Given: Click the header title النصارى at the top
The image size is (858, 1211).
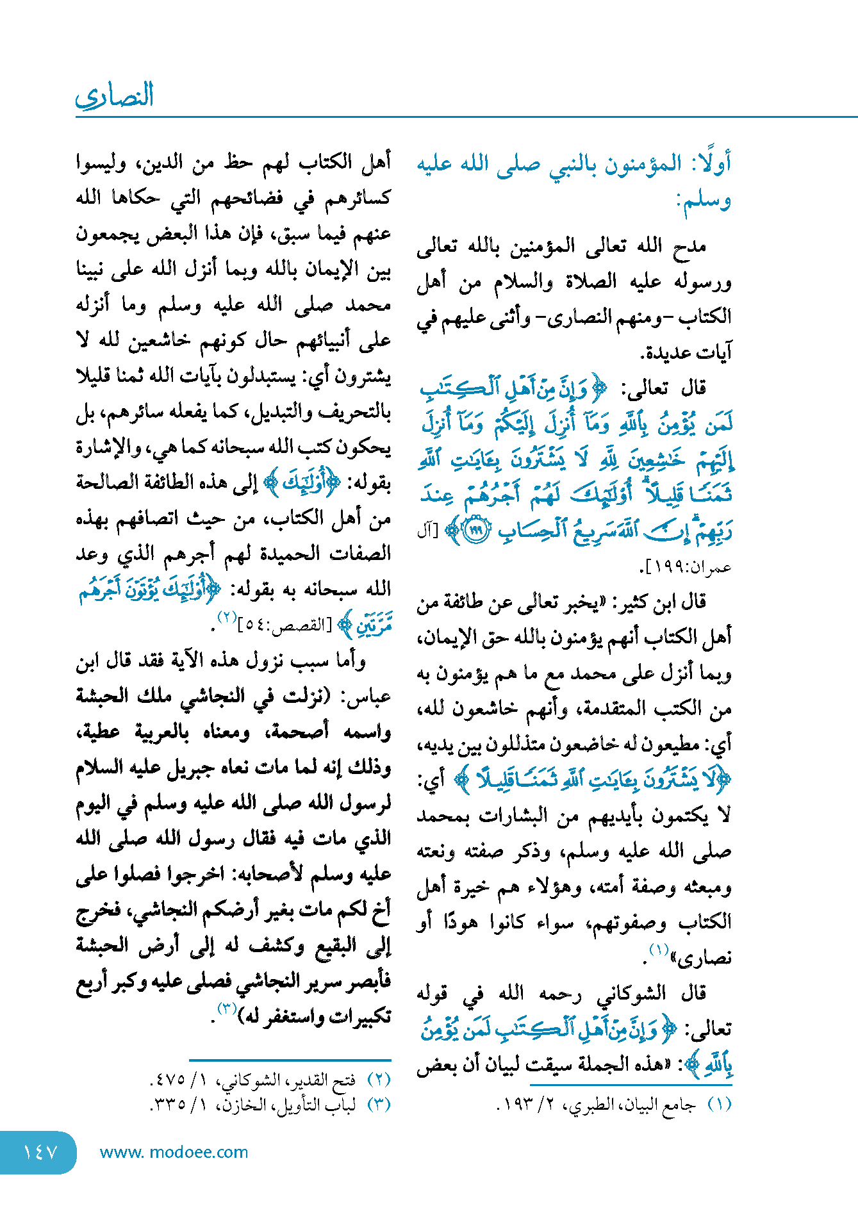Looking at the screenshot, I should click(x=115, y=96).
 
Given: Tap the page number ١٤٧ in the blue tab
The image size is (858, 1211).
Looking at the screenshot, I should click(x=40, y=1152).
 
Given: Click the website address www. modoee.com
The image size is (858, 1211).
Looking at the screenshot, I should click(x=174, y=1152).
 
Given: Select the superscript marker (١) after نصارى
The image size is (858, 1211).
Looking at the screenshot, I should click(x=659, y=949).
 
